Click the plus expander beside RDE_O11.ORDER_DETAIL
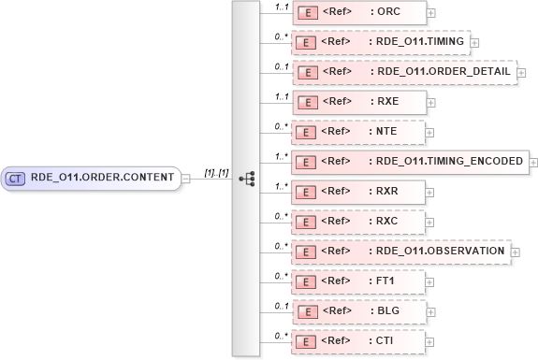click(x=521, y=72)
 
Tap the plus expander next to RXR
click(x=430, y=192)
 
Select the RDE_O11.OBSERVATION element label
click(x=440, y=252)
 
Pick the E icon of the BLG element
click(x=305, y=311)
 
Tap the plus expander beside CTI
click(x=430, y=341)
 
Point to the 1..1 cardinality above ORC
click(x=278, y=7)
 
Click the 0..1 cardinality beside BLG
click(x=278, y=305)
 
